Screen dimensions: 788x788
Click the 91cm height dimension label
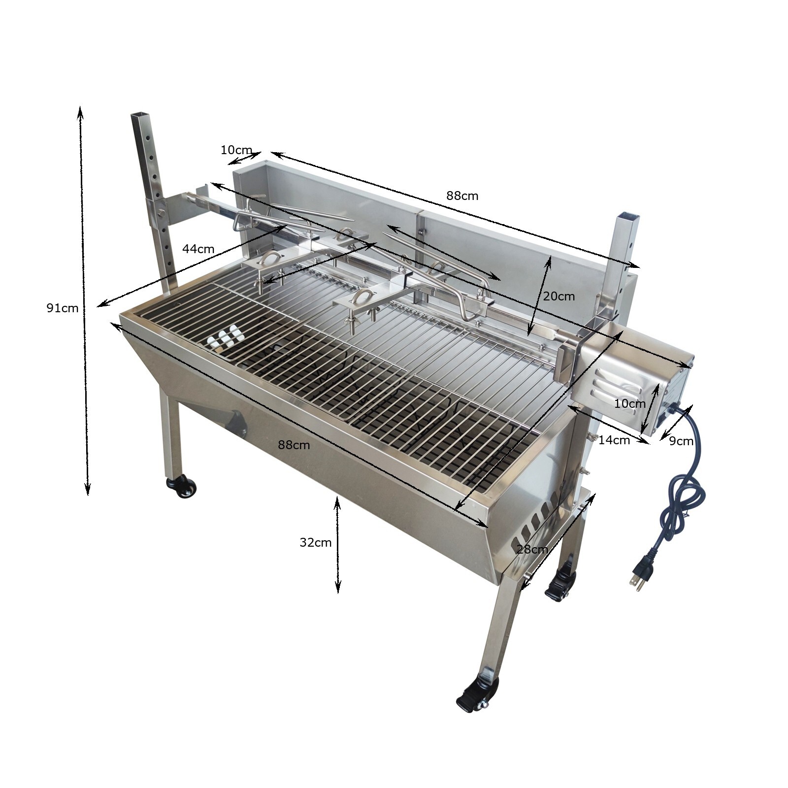coord(63,308)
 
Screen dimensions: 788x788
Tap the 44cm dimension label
coord(198,249)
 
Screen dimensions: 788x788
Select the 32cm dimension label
coord(315,542)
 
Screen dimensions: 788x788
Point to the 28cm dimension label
coord(532,549)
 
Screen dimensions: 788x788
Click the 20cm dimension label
coord(558,296)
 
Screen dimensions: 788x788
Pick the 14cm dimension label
coord(614,440)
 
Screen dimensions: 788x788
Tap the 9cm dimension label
coord(681,441)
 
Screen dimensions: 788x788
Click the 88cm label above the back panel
coord(462,196)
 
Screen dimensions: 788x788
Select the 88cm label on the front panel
coord(294,445)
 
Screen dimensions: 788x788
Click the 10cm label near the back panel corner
coord(236,150)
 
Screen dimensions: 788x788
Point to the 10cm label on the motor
coord(629,403)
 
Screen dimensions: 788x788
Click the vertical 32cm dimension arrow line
coord(337,544)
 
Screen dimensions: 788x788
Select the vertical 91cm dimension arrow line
coord(84,300)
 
